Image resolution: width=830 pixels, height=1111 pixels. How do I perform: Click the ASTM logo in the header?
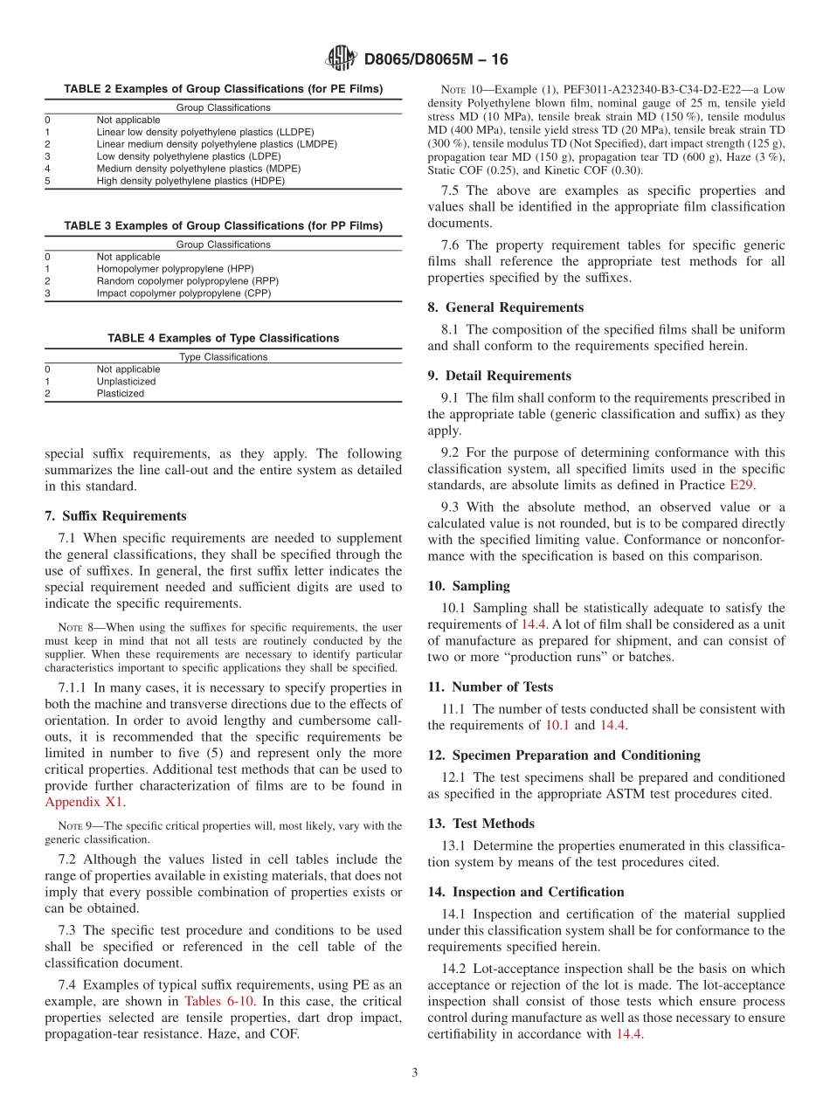pos(342,59)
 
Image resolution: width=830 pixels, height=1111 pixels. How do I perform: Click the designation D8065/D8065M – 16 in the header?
pos(435,59)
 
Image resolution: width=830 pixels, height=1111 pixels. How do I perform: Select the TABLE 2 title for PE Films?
pos(223,89)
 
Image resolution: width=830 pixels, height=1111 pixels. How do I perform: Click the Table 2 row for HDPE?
pos(190,181)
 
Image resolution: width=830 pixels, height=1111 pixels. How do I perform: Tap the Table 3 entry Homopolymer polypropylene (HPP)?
pos(175,269)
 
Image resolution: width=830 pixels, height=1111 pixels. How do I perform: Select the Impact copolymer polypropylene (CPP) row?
pos(183,293)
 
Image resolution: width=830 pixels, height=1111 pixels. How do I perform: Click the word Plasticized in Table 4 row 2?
pos(121,393)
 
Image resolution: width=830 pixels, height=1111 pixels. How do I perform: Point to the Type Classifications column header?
pos(223,356)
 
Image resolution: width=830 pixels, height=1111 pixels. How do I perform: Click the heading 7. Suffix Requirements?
pos(115,516)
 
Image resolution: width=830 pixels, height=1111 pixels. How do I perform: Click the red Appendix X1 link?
pos(85,801)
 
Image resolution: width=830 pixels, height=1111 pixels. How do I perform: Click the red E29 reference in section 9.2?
pos(742,485)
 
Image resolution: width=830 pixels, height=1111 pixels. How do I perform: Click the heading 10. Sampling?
pos(468,586)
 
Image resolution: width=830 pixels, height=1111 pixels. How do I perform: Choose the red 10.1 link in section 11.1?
pos(557,725)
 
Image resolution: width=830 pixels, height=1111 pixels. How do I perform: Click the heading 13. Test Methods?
pos(481,824)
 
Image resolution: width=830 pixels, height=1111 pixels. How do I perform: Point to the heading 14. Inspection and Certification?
pos(526,892)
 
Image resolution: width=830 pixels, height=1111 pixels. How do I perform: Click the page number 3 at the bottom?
pos(415,1073)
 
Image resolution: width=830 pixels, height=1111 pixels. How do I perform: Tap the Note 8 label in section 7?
pos(69,627)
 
